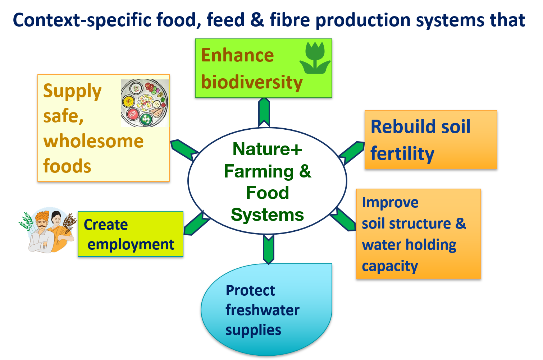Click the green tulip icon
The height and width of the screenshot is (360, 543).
[x=315, y=58]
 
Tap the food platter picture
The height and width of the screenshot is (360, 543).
[x=145, y=103]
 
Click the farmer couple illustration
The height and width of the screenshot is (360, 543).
[x=48, y=230]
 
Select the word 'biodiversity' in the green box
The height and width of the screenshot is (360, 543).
[x=252, y=82]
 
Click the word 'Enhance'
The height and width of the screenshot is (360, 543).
[x=237, y=56]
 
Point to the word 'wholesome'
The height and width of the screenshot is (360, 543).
[x=93, y=141]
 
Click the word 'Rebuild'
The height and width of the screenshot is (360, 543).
[x=398, y=126]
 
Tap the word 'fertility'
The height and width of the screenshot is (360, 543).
[x=402, y=153]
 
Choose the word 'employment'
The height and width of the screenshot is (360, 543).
[x=131, y=245]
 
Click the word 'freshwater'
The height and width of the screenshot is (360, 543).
[x=262, y=310]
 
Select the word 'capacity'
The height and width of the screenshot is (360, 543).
[x=389, y=266]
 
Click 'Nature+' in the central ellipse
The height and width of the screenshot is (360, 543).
[x=267, y=149]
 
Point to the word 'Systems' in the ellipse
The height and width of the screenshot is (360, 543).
[x=267, y=215]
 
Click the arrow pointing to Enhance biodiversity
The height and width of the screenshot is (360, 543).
[x=264, y=112]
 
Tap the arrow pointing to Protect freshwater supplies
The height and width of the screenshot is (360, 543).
[x=268, y=249]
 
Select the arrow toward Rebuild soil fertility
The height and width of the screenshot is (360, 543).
[x=352, y=152]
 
